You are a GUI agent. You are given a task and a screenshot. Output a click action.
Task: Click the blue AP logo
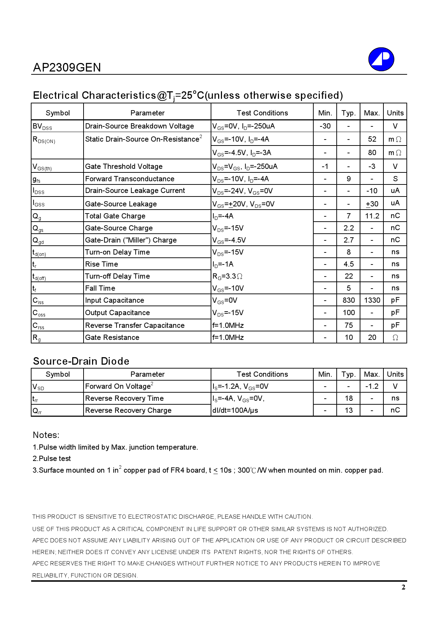pyautogui.click(x=381, y=59)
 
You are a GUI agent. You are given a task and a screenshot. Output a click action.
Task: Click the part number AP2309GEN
pyautogui.click(x=67, y=67)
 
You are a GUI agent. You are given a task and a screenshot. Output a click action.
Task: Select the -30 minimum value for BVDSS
pyautogui.click(x=325, y=126)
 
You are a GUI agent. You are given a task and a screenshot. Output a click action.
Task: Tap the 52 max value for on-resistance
pyautogui.click(x=372, y=139)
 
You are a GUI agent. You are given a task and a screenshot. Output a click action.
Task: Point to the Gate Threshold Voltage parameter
pyautogui.click(x=124, y=166)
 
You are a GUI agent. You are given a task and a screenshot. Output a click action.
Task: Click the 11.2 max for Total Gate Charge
pyautogui.click(x=372, y=216)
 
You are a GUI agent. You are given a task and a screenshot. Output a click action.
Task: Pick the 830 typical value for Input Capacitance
pyautogui.click(x=348, y=300)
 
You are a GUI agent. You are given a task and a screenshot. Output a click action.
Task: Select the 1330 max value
pyautogui.click(x=372, y=300)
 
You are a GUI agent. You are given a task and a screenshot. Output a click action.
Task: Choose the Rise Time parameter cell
pyautogui.click(x=102, y=264)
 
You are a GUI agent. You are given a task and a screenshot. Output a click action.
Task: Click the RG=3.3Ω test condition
pyautogui.click(x=227, y=276)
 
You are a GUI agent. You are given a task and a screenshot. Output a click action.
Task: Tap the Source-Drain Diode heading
pyautogui.click(x=81, y=361)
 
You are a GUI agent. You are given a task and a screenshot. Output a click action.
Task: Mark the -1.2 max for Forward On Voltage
pyautogui.click(x=372, y=386)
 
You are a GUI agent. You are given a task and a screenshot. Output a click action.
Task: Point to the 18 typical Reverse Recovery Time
pyautogui.click(x=348, y=398)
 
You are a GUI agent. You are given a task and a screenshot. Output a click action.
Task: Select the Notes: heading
pyautogui.click(x=46, y=435)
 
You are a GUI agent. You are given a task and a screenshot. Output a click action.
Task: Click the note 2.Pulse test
pyautogui.click(x=52, y=458)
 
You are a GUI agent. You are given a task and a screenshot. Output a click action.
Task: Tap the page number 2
pyautogui.click(x=403, y=587)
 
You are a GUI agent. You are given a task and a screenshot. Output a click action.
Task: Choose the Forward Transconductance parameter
pyautogui.click(x=130, y=179)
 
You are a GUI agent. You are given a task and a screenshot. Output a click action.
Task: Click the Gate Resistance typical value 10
pyautogui.click(x=348, y=337)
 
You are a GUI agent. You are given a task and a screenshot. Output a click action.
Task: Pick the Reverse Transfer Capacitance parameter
pyautogui.click(x=135, y=325)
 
